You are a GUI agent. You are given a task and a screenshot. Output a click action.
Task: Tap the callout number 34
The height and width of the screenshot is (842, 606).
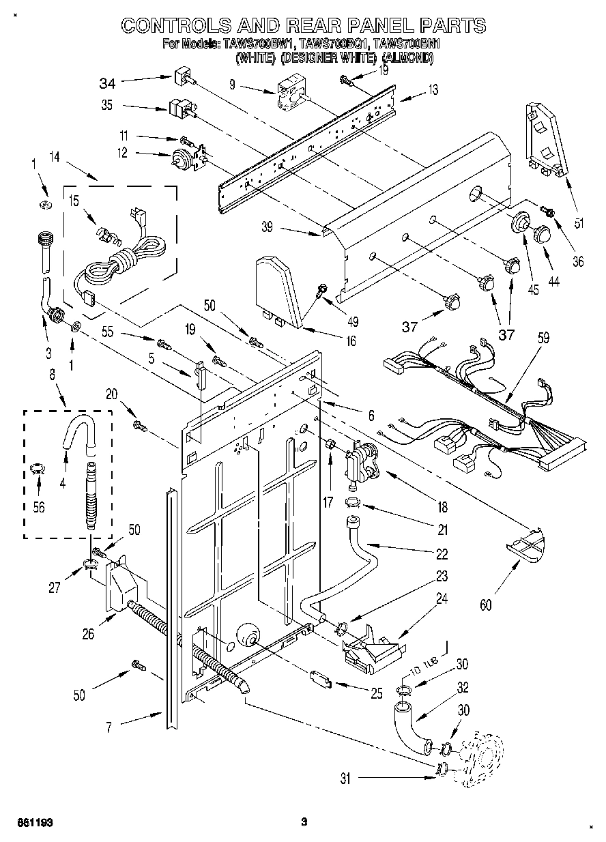107,84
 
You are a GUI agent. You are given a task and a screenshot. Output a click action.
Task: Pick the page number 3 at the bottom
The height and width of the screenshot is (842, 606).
305,822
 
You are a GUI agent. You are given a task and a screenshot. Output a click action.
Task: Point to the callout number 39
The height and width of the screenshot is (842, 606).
268,228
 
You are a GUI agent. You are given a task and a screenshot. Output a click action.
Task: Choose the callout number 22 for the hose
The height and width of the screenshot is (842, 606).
442,553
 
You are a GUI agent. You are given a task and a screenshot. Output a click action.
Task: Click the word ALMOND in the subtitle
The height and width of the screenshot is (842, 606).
407,59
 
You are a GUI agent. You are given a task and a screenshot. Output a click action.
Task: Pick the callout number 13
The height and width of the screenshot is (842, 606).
433,89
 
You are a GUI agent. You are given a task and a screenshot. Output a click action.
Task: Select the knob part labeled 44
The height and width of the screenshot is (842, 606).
543,233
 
